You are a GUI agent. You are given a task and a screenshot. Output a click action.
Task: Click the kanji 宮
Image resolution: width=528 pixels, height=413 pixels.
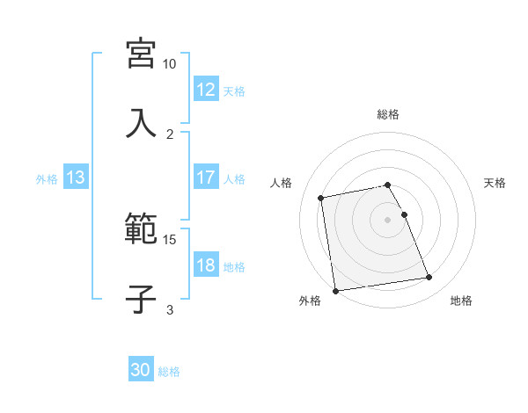click(141, 54)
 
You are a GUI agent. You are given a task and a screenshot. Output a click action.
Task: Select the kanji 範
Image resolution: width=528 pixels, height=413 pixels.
click(141, 229)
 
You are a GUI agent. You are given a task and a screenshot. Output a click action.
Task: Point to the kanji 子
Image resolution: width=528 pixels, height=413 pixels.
click(141, 298)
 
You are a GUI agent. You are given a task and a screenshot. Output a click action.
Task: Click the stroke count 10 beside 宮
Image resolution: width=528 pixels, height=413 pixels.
click(169, 64)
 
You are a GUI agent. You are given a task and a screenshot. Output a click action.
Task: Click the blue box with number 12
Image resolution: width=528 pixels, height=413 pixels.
click(205, 90)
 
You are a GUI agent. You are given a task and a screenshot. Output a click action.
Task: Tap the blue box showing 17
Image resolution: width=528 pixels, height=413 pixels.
click(205, 178)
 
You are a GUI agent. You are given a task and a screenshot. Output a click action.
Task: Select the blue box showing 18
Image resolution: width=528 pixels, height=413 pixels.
click(205, 265)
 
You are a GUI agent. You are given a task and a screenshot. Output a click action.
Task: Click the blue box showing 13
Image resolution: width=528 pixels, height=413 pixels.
click(75, 178)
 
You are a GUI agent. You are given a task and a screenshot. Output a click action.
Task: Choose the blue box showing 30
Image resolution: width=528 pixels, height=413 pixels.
click(141, 371)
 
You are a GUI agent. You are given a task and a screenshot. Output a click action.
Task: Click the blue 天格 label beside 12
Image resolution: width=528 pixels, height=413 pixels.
click(234, 91)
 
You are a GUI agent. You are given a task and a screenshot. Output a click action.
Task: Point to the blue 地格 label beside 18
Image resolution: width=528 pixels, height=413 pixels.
click(234, 266)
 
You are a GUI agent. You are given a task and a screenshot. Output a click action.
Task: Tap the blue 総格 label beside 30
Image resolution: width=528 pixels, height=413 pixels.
click(169, 372)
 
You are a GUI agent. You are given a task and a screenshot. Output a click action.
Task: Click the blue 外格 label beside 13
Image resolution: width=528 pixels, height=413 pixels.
click(47, 178)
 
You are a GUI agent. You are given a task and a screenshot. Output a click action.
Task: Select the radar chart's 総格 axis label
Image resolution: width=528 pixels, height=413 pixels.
click(388, 114)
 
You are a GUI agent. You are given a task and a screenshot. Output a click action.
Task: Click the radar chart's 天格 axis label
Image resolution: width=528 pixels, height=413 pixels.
click(495, 183)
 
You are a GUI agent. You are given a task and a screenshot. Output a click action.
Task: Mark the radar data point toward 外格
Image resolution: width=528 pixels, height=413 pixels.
click(334, 291)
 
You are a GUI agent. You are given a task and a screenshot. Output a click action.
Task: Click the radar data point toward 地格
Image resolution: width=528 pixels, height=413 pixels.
click(429, 278)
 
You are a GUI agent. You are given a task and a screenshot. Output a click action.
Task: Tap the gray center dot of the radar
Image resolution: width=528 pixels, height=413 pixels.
click(388, 219)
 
